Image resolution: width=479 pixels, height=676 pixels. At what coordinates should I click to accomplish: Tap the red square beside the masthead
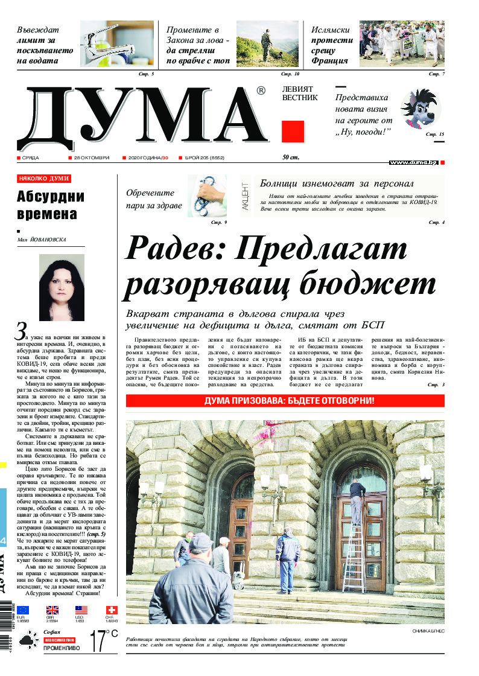point(293,131)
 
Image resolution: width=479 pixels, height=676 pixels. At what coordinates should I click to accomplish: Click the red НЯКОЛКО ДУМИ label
point(43,179)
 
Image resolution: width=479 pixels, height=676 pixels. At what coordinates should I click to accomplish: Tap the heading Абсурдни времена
point(51,205)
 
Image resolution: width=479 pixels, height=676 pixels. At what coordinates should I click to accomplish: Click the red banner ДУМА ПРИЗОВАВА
point(285,401)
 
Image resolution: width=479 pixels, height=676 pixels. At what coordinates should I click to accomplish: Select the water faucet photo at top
point(117,43)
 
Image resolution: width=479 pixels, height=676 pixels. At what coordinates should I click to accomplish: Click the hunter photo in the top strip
point(267,43)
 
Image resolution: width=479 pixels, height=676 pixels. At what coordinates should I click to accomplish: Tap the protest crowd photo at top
point(402,43)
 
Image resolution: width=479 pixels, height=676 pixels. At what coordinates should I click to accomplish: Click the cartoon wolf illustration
point(420,109)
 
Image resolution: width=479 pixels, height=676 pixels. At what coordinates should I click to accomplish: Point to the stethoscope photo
point(207,195)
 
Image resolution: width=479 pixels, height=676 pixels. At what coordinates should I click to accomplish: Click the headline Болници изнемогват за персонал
point(337,183)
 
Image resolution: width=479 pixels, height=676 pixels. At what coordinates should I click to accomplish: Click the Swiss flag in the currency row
point(111,610)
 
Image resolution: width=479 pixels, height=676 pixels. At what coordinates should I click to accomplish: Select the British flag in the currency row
point(52,610)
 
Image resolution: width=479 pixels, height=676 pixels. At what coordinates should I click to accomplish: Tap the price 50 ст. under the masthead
point(291,158)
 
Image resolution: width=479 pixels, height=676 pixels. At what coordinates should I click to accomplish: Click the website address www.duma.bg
point(413,162)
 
